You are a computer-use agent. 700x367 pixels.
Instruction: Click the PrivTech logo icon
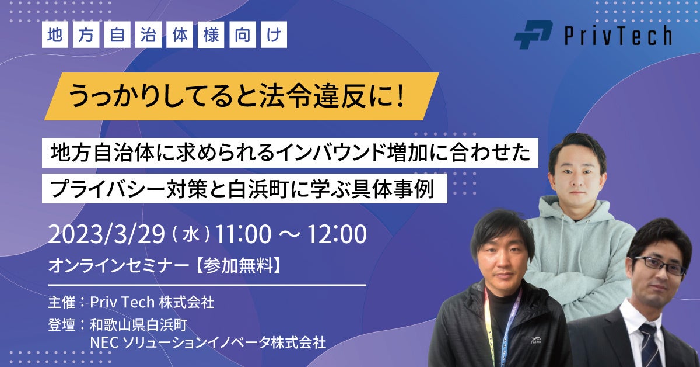tap(533, 34)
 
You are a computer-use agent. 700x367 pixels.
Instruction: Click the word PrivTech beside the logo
tap(618, 36)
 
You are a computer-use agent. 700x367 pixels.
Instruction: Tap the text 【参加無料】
tap(239, 266)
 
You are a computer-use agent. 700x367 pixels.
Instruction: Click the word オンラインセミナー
tap(120, 266)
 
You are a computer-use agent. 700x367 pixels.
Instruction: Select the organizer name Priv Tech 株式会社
tap(152, 302)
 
